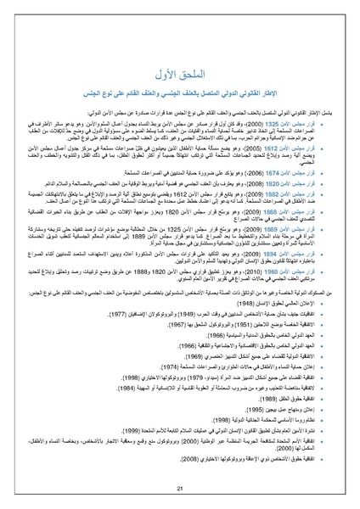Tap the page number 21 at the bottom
[179, 489]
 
